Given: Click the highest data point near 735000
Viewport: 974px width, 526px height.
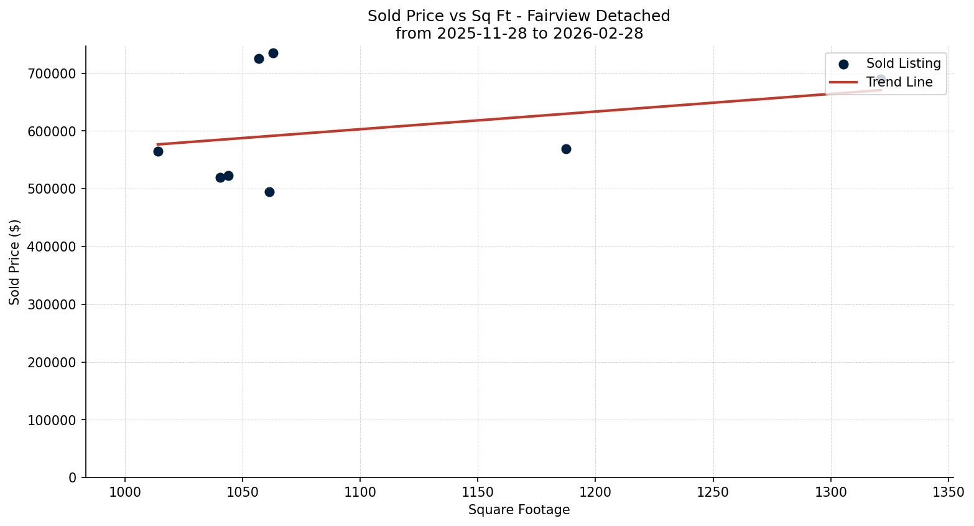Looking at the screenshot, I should coord(273,53).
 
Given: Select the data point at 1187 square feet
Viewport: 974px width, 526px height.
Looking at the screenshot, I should coord(566,149).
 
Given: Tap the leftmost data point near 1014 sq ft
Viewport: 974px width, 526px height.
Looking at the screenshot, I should coord(158,151).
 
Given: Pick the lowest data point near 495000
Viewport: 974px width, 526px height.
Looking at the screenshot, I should coord(269,192).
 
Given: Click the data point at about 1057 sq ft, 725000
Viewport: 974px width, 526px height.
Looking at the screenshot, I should coord(259,59).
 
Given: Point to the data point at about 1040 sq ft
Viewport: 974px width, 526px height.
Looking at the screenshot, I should coord(220,177).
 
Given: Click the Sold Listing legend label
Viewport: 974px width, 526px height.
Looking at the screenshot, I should coord(903,63).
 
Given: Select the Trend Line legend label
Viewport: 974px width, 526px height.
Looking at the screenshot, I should coord(899,82).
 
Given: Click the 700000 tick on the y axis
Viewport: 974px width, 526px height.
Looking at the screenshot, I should coord(52,73).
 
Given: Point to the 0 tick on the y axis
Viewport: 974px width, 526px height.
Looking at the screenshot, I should coord(73,477).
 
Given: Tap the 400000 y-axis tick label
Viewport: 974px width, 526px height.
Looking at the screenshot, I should coord(52,247).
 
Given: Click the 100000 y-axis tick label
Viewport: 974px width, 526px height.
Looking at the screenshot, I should coord(52,420).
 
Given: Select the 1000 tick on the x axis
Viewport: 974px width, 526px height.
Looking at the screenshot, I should coord(125,492).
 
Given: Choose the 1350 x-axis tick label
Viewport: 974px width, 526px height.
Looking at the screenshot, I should coord(948,492).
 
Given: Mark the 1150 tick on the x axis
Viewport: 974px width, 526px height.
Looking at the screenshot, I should coord(478,492).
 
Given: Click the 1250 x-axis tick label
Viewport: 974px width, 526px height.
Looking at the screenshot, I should coord(713,492).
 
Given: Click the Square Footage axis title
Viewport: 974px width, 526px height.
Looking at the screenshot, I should coord(519,510).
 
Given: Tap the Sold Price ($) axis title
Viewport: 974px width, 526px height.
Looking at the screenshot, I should coord(14,262).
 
